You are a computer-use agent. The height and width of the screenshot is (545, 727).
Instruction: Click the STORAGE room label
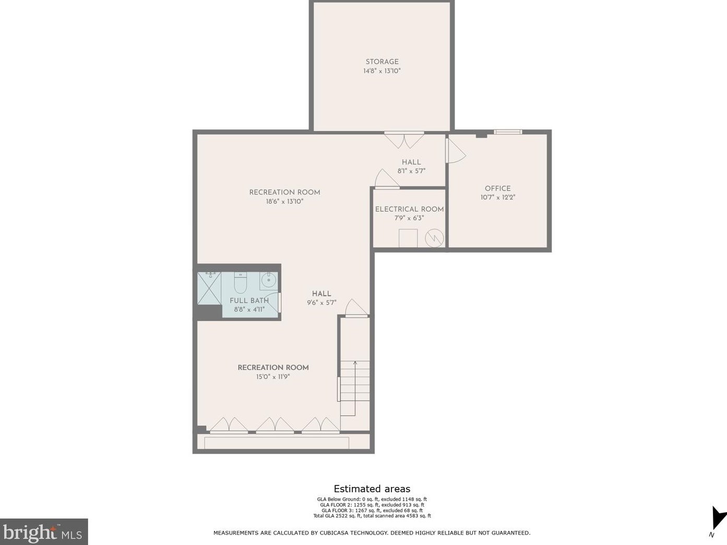382,62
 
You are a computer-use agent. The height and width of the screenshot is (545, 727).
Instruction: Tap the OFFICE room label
497,189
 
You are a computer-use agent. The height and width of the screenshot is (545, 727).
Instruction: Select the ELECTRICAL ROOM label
409,210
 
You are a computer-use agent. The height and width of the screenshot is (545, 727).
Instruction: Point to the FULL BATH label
249,300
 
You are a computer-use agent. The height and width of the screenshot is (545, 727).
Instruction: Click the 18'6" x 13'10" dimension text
284,201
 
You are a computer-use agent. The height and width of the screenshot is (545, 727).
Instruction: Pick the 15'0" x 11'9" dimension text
273,377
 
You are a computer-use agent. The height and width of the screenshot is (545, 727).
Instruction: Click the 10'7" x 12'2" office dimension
498,197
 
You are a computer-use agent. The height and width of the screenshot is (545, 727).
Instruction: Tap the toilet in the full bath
241,283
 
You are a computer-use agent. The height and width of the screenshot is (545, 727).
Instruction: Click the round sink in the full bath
268,281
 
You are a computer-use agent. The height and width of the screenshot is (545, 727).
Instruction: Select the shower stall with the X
209,288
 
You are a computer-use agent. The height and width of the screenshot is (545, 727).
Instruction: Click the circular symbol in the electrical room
434,238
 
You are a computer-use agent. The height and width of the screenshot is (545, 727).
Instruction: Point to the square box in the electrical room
408,238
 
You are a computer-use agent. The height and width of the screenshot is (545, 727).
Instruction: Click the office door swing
456,150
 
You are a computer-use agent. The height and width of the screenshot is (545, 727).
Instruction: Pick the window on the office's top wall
508,132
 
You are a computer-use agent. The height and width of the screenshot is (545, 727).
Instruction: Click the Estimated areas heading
372,489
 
